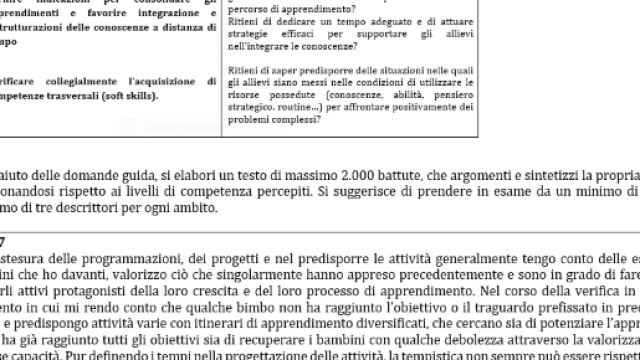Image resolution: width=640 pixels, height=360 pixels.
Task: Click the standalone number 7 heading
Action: [x=4, y=238]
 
